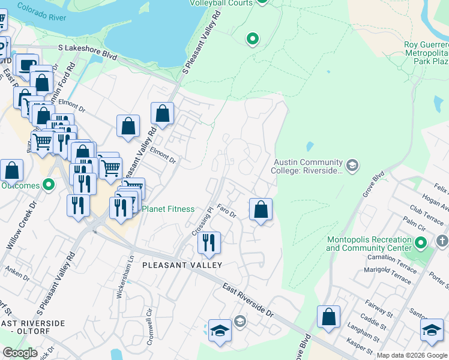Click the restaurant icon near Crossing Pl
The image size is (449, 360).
208,242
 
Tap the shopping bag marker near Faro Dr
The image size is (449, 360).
261,209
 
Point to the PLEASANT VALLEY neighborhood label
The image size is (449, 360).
182,265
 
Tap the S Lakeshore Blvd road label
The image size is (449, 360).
87,52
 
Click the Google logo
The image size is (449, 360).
20,353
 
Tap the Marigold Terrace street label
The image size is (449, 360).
388,275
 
